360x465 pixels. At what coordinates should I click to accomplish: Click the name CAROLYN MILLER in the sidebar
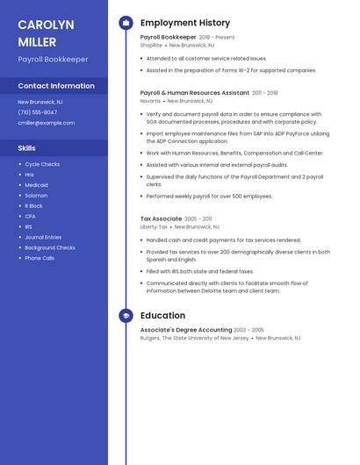46,33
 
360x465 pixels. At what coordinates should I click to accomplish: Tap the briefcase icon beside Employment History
126,23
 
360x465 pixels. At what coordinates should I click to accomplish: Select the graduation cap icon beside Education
126,316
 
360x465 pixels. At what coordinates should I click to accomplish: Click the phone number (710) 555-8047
38,112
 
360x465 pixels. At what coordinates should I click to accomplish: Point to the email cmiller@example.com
46,123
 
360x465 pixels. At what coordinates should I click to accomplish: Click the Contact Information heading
56,86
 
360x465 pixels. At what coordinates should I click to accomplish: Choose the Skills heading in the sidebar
27,148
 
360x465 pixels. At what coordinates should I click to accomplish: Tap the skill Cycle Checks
42,164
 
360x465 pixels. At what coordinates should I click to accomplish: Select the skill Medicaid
36,185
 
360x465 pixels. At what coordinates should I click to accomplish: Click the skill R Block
33,206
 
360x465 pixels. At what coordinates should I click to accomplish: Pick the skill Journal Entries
43,237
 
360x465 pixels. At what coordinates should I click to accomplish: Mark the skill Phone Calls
40,258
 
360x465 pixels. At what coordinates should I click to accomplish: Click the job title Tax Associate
161,218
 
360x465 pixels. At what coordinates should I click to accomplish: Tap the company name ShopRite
151,45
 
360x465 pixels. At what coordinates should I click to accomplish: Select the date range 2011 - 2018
265,92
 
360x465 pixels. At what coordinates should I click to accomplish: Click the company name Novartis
150,101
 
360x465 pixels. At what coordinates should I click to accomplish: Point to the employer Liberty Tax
154,226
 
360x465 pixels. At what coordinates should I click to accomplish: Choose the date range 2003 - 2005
249,330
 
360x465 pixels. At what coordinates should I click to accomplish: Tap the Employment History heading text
185,23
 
